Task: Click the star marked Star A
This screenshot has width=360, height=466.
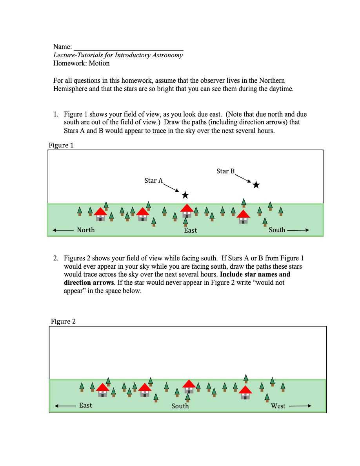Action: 185,195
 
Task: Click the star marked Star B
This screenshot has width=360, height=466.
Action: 256,185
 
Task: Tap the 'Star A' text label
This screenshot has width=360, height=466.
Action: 154,180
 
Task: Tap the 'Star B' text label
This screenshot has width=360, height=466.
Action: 225,171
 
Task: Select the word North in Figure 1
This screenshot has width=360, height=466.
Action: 86,230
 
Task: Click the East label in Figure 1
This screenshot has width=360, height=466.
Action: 191,230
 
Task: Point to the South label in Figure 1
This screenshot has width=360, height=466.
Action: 277,230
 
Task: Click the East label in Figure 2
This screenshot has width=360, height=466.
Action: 85,405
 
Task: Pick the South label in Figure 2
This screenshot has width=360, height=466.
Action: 180,406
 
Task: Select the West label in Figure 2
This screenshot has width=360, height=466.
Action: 278,406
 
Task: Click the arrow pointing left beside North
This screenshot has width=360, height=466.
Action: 63,230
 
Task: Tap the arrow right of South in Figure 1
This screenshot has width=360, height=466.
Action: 298,230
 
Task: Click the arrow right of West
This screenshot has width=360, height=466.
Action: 300,406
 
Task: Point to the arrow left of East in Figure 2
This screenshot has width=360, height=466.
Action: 65,406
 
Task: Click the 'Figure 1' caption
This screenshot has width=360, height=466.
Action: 61,145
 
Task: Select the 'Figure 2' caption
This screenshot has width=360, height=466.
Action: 63,321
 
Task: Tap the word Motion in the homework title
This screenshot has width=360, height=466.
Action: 99,63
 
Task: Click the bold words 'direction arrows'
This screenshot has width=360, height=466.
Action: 89,282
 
